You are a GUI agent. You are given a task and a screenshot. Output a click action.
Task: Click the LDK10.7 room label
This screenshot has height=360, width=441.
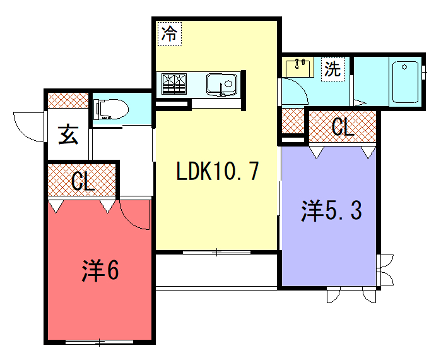click(217, 171)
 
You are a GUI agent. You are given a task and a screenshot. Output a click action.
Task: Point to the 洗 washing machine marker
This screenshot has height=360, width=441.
click(333, 70)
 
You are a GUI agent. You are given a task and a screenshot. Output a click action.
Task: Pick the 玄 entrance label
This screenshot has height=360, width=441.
click(67, 134)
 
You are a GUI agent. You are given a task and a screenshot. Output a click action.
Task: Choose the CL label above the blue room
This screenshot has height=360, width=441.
click(342, 127)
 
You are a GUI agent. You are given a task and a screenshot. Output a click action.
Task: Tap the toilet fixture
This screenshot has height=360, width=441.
click(108, 108)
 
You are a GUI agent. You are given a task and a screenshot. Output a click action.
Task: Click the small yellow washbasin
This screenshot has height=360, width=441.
click(297, 67)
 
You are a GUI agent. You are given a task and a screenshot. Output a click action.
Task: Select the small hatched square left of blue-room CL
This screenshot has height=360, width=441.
click(292, 122)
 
